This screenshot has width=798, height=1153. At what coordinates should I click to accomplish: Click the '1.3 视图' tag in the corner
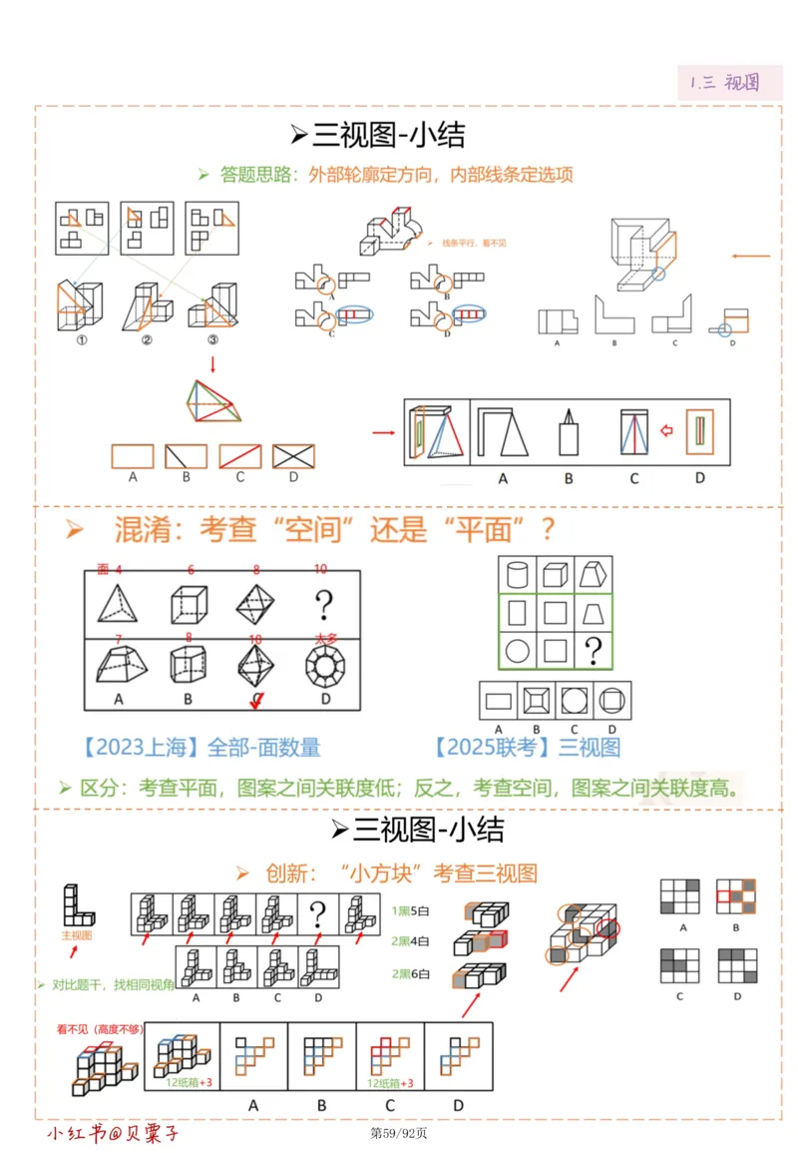[x=724, y=82]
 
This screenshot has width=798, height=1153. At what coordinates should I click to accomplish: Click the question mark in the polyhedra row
[x=322, y=604]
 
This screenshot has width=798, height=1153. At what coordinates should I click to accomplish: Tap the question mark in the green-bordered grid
[x=593, y=652]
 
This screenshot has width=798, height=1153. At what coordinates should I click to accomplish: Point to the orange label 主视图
[x=77, y=936]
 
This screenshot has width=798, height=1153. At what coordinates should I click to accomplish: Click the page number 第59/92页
[x=399, y=1133]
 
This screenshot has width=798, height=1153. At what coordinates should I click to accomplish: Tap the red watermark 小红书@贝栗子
[x=114, y=1133]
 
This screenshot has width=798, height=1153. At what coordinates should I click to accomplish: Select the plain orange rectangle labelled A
[x=133, y=456]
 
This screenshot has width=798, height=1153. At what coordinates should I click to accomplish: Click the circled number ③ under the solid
[x=212, y=338]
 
